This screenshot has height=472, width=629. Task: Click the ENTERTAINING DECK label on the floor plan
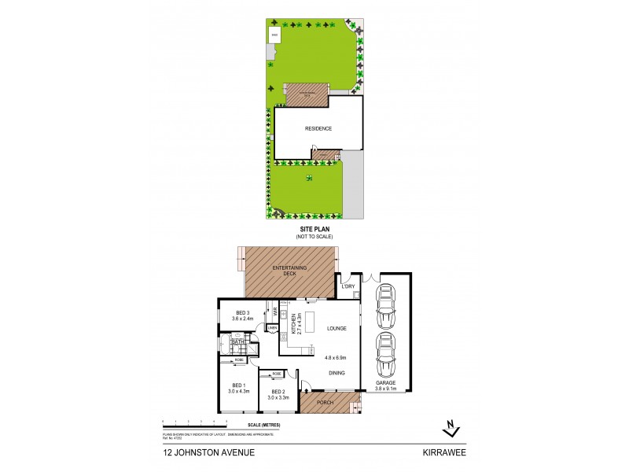pyautogui.click(x=290, y=271)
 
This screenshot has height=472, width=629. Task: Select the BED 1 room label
pyautogui.click(x=238, y=386)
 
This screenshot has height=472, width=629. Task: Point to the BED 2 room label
pyautogui.click(x=279, y=394)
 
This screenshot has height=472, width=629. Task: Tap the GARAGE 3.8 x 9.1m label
pyautogui.click(x=387, y=386)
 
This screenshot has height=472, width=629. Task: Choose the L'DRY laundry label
pyautogui.click(x=348, y=286)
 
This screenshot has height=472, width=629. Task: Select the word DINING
pyautogui.click(x=337, y=374)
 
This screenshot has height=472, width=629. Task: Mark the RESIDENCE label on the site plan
pyautogui.click(x=318, y=128)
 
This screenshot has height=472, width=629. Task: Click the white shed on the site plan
pyautogui.click(x=275, y=35)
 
